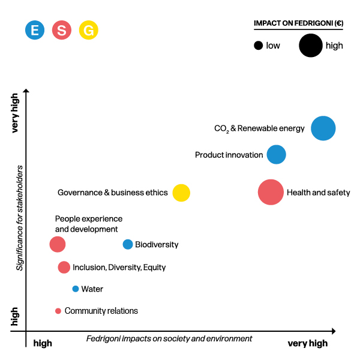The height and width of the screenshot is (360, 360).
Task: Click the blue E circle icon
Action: coord(35,30)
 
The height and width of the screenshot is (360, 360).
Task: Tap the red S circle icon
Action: coord(62,30)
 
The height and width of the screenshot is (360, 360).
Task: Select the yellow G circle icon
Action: coord(89,30)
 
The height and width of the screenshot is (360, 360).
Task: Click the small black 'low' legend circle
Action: coord(258,46)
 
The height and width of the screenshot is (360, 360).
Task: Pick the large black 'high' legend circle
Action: coord(311,46)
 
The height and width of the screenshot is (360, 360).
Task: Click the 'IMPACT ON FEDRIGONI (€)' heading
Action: coord(298,23)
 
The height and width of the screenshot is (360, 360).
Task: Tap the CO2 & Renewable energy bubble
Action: coord(323,128)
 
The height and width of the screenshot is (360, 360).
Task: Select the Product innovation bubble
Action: coord(276,154)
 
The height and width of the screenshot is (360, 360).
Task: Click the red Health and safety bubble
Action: coord(271,193)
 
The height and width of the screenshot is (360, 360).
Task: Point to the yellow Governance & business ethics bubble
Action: coord(181,193)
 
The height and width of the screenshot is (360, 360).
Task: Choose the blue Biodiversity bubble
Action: coord(128,244)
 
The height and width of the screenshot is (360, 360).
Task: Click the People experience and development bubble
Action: coord(58,244)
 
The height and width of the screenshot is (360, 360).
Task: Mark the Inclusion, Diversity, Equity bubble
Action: coord(64,267)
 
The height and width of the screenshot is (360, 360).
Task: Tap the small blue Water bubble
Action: coord(76,289)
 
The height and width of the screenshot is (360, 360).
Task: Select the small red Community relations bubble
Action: coord(58,311)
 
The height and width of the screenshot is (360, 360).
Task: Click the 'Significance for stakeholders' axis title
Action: coord(19,218)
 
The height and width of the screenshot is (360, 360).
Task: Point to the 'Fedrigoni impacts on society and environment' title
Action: coord(169,339)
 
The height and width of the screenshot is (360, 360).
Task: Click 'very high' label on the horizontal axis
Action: coord(308,343)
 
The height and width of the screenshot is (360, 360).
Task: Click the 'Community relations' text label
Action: coord(101,311)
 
